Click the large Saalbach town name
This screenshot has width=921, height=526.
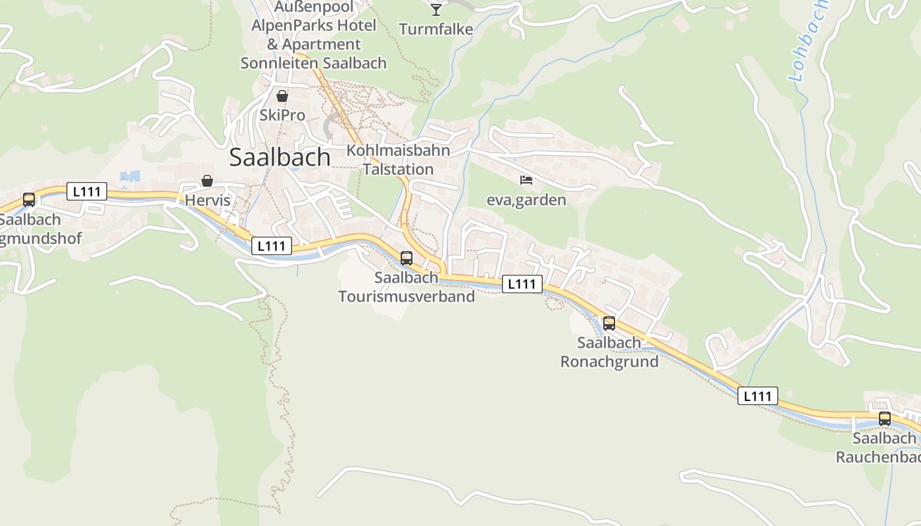point(280,157)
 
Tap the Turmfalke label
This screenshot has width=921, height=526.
point(436,29)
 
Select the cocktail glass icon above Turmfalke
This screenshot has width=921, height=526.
point(436,9)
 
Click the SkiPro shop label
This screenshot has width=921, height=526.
point(282,115)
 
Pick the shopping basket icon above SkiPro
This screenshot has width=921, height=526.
point(282,97)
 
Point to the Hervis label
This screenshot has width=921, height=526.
point(208,200)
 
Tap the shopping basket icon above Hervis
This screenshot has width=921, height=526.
point(207,181)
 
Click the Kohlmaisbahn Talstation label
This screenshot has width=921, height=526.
point(399,160)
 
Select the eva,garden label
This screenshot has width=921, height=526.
point(526,200)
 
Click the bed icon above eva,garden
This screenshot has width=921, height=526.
point(526,180)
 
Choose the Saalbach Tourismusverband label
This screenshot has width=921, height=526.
point(407,287)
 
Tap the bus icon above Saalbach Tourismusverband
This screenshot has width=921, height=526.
point(407,258)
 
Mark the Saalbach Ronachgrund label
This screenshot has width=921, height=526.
point(609,352)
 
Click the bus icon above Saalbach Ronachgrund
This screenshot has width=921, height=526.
point(609,323)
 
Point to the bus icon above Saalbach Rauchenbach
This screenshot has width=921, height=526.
point(885,419)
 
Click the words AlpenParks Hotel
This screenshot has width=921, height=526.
point(314,26)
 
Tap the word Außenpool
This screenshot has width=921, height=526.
point(314,7)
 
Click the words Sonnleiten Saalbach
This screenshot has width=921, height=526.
point(314,64)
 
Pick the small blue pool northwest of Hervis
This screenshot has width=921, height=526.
point(130,176)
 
